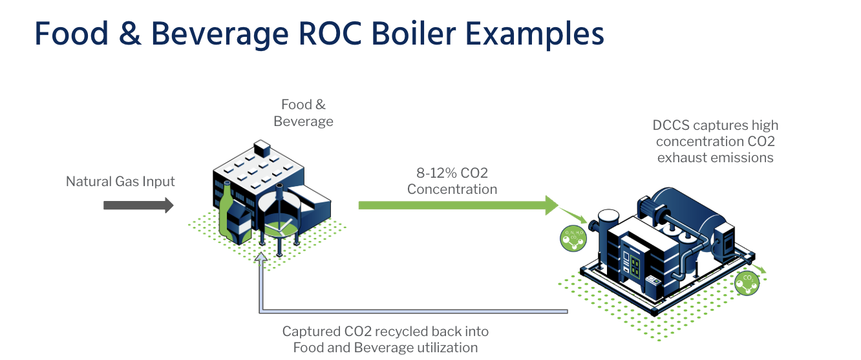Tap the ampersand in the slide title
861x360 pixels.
129,34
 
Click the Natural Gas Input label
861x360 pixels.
120,182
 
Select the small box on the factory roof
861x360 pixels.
262,148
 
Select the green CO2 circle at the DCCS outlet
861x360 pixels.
748,283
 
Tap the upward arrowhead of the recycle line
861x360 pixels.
260,258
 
